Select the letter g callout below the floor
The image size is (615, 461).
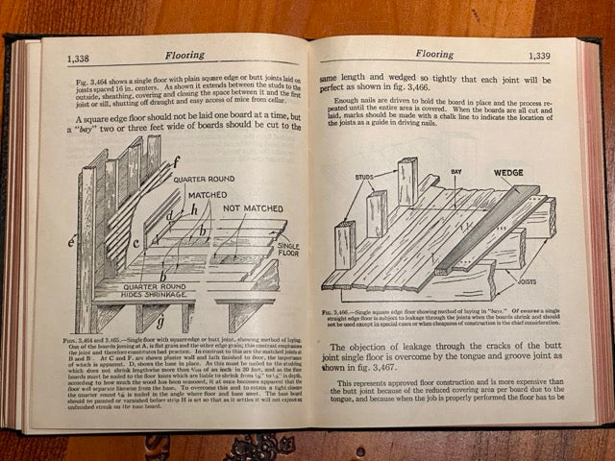[x=160, y=321]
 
